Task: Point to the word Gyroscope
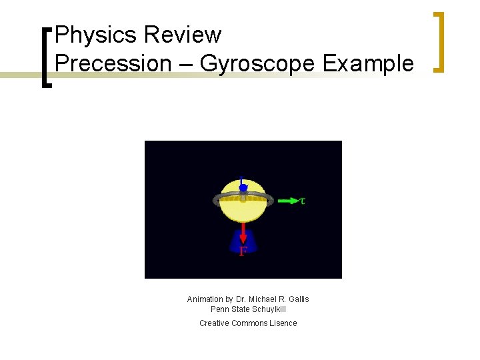[x=257, y=64]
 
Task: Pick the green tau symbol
[x=303, y=200]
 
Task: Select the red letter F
[x=243, y=251]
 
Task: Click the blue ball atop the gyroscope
[x=243, y=188]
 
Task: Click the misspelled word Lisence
[x=283, y=323]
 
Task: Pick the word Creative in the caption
[x=214, y=323]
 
